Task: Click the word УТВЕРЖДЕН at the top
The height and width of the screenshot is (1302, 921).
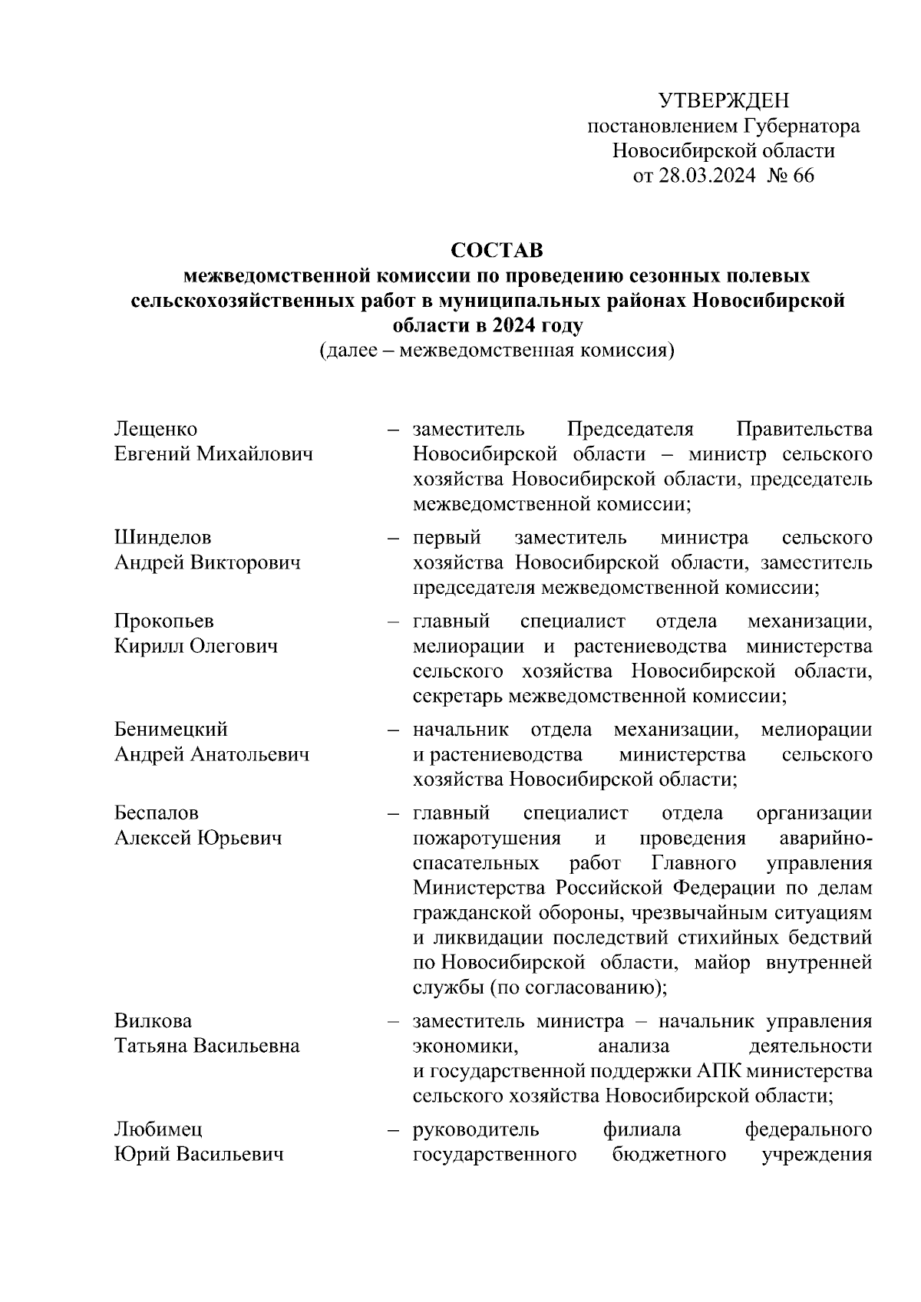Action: (723, 101)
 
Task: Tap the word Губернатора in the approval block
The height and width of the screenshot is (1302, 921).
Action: (801, 126)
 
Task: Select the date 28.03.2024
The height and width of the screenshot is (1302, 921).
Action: (707, 176)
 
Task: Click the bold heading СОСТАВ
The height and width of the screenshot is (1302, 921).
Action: (497, 250)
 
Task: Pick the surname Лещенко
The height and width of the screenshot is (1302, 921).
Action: (156, 429)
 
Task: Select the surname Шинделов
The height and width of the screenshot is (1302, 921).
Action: (163, 537)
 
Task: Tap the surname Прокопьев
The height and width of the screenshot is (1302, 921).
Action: (164, 621)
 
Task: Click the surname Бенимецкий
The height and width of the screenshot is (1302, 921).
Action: (171, 729)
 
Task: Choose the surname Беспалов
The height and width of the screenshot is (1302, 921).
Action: (157, 813)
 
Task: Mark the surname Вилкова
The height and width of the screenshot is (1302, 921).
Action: (153, 1021)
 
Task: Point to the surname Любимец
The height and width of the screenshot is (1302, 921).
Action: (158, 1129)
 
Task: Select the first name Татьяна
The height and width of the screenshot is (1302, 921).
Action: (150, 1047)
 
